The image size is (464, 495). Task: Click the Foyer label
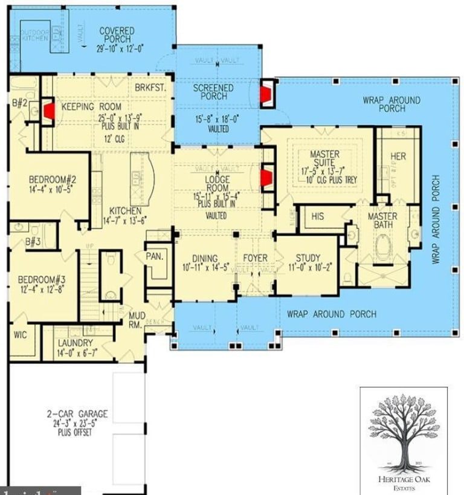(x=255, y=258)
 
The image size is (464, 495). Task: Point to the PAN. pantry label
(x=155, y=256)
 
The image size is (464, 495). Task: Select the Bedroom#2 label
(x=51, y=180)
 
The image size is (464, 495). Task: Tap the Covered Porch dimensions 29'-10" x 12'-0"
(x=117, y=50)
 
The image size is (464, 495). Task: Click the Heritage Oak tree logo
(x=402, y=432)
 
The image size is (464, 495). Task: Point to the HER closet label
(x=398, y=157)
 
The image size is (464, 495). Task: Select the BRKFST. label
(x=150, y=88)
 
